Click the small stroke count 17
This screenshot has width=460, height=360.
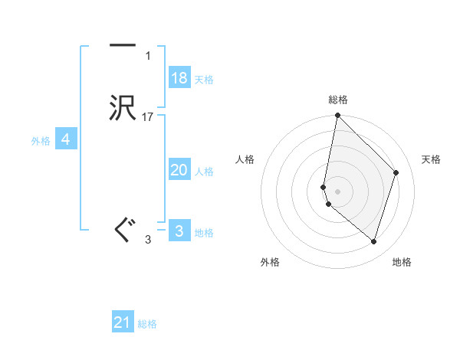click(148, 117)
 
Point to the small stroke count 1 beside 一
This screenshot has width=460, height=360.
click(147, 56)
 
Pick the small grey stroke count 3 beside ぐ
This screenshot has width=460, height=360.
click(148, 240)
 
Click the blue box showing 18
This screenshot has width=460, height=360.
click(179, 78)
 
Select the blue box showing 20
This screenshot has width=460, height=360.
click(179, 170)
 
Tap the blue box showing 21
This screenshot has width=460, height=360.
click(123, 322)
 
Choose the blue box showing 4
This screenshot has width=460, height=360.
click(66, 139)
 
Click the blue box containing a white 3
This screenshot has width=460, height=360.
click(179, 231)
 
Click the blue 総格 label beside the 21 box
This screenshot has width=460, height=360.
click(147, 324)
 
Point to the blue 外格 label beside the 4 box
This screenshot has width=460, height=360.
click(41, 141)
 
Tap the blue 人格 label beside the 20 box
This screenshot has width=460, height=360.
click(205, 172)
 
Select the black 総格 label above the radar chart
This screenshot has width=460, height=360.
click(338, 100)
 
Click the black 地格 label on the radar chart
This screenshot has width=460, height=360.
click(402, 262)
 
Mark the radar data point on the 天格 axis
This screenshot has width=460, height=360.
click(396, 172)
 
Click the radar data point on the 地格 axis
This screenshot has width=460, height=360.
click(373, 241)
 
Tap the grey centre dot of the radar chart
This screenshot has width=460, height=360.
click(338, 191)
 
